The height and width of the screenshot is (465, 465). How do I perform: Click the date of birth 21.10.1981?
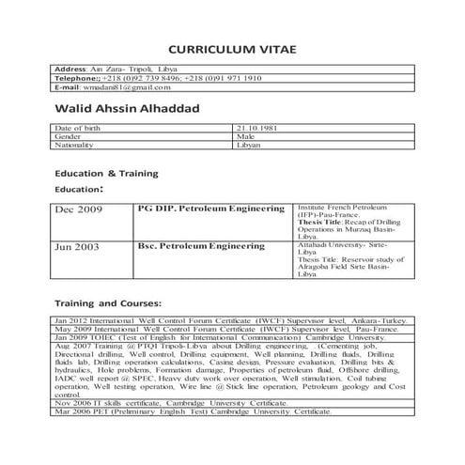point(254,127)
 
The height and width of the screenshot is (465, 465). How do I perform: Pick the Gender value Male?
point(246,136)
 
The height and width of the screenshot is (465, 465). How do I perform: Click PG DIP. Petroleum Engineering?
point(210,207)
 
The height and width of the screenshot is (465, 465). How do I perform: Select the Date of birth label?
point(76,127)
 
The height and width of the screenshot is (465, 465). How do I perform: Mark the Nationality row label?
point(76,146)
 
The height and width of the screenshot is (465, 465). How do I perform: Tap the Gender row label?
point(69,136)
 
